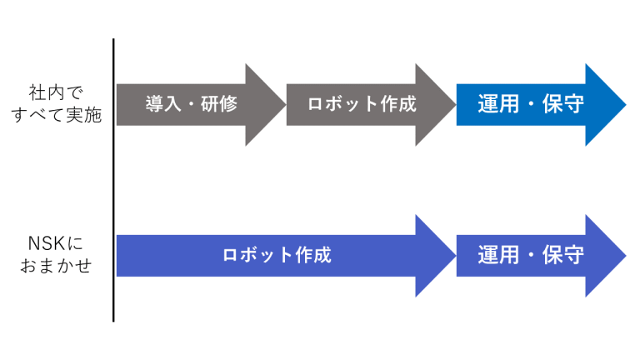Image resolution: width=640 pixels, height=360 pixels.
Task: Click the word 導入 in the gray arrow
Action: pos(162,104)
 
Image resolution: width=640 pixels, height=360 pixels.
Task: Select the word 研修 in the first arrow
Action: pos(219,104)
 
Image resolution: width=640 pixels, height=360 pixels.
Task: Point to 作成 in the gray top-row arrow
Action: pos(398,104)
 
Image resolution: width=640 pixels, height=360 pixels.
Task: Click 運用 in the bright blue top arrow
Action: pos(498,104)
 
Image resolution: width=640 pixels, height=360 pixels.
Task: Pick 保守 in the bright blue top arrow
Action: pos(563,104)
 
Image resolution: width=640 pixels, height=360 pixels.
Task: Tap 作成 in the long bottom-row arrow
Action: pos(313,255)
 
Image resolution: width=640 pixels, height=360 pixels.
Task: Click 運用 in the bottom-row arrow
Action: pos(498,255)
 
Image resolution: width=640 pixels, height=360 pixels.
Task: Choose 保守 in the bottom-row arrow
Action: pos(563,255)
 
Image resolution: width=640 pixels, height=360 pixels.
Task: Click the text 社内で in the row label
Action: pos(56,93)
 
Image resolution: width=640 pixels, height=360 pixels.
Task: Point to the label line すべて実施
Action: pos(57,115)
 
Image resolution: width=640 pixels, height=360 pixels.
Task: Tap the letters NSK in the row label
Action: pos(47,243)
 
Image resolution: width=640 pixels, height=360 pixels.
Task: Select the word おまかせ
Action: pos(56,266)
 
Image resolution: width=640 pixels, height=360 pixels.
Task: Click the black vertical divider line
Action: pos(113,180)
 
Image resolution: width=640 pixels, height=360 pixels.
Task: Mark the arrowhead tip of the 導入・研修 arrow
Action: pos(286,104)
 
